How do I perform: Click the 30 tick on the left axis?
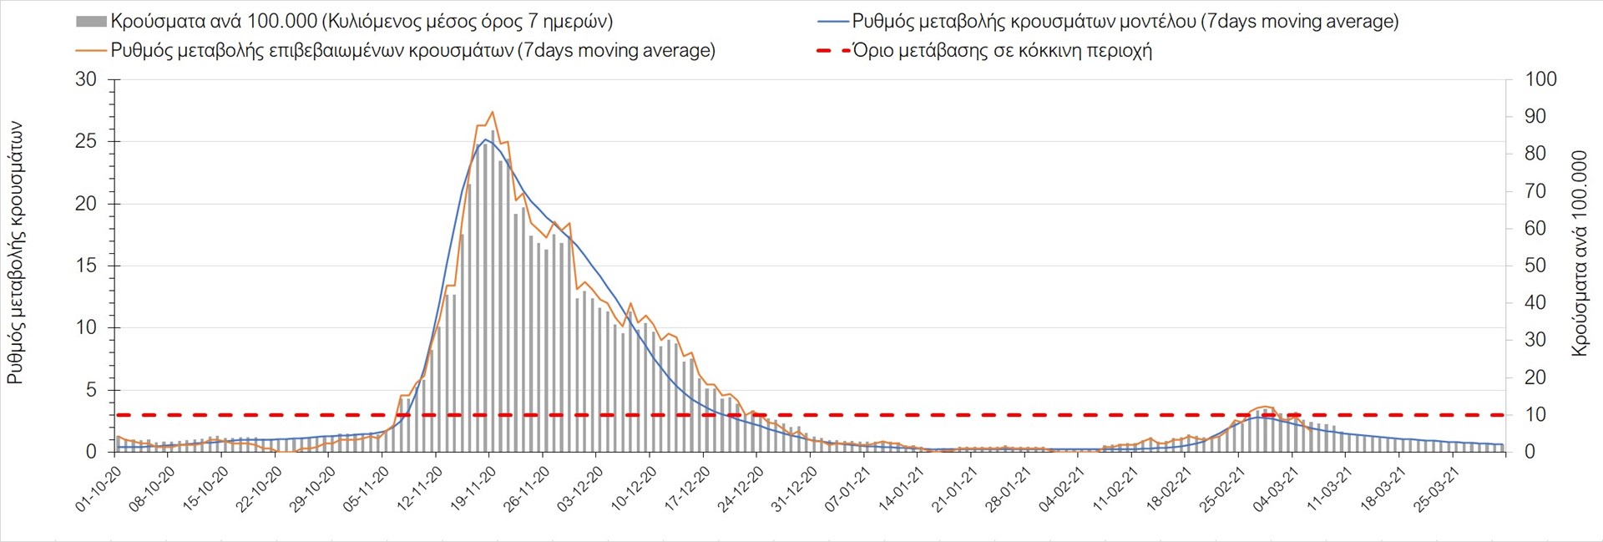(86, 80)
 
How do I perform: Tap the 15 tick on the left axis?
(86, 266)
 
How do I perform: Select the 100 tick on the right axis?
(1540, 80)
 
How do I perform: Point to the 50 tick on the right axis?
(1536, 266)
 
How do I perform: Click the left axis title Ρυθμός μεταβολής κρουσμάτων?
(15, 253)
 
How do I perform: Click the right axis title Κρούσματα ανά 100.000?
(1579, 254)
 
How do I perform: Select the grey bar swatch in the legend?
(91, 22)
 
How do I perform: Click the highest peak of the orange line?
(493, 112)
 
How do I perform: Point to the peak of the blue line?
(486, 139)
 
